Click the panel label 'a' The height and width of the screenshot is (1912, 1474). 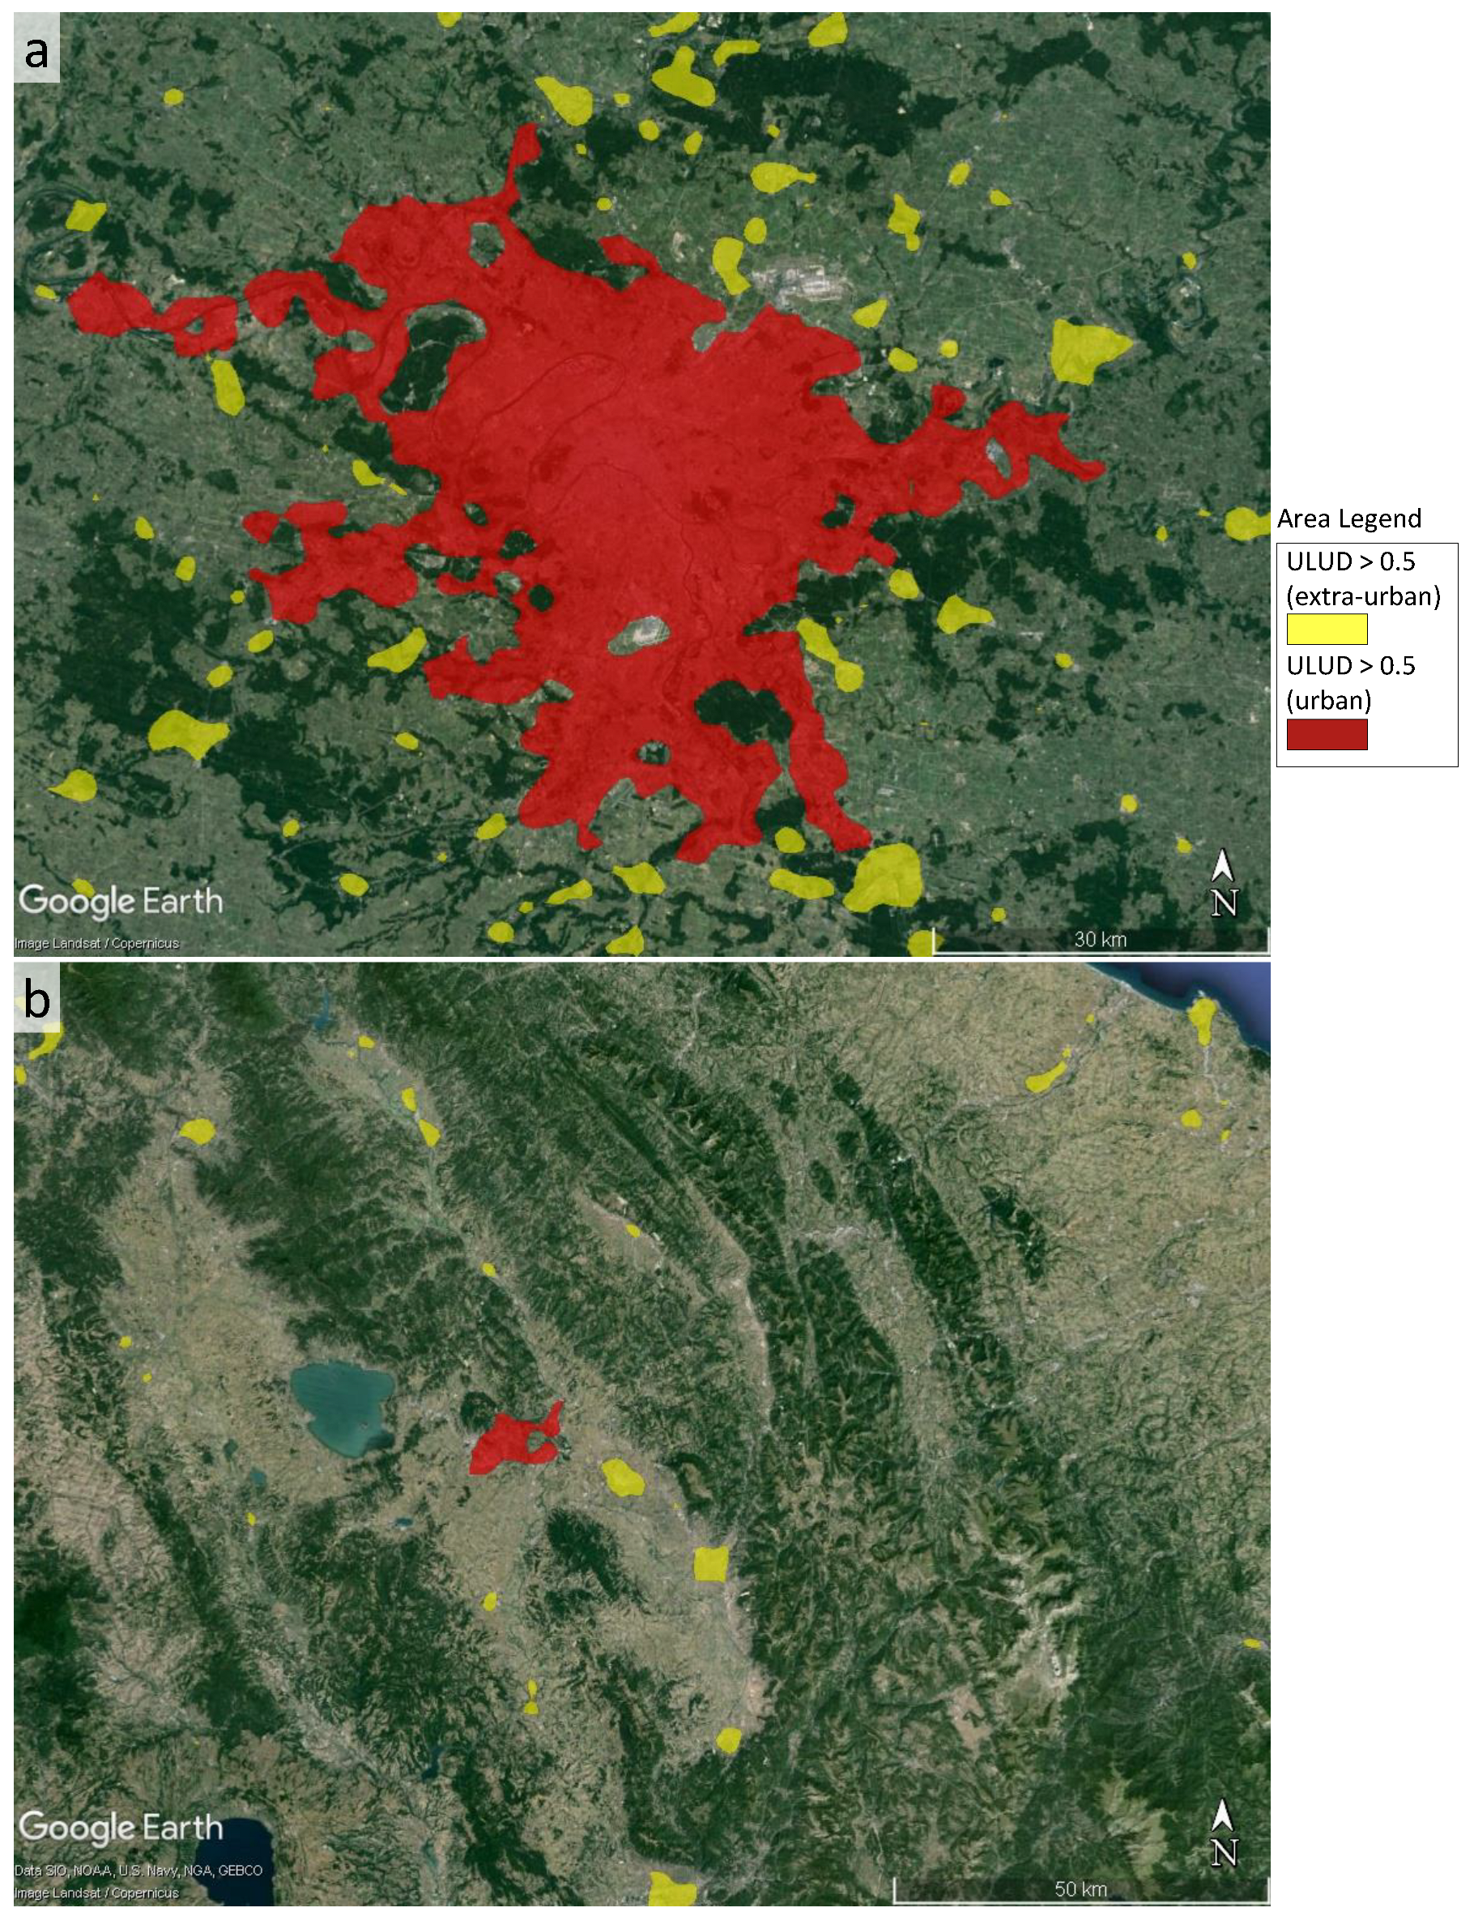[36, 53]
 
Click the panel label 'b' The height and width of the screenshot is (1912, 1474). [36, 999]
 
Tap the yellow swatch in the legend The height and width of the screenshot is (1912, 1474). [1326, 629]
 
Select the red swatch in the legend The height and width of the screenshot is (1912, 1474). [1326, 734]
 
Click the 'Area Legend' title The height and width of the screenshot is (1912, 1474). [1348, 519]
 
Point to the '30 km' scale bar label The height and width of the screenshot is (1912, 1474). [1101, 939]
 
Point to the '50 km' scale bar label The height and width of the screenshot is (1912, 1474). [1080, 1889]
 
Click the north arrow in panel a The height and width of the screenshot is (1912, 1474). [1223, 884]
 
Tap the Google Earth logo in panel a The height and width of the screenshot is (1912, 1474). [121, 901]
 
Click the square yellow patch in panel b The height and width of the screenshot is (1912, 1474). [711, 1564]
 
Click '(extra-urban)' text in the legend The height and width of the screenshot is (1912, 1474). [1363, 596]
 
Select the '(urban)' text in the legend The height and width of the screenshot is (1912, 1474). [1328, 700]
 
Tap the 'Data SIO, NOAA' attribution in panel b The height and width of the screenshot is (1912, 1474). [138, 1871]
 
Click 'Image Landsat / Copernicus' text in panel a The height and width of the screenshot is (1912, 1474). [96, 944]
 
